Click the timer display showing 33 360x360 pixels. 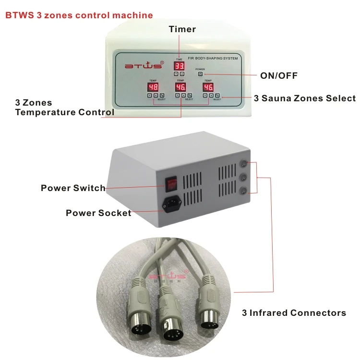[179, 66]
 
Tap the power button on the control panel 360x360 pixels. [200, 74]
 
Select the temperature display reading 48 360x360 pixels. [153, 87]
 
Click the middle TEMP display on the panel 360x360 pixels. [180, 87]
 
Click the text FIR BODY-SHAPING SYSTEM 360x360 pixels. [213, 58]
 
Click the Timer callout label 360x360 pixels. [182, 29]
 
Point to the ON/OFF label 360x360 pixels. [278, 75]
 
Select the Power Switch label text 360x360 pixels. [73, 188]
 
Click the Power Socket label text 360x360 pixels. [98, 213]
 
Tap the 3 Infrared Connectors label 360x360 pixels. [294, 313]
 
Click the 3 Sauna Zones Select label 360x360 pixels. [305, 98]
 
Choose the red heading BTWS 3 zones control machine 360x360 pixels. [79, 15]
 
